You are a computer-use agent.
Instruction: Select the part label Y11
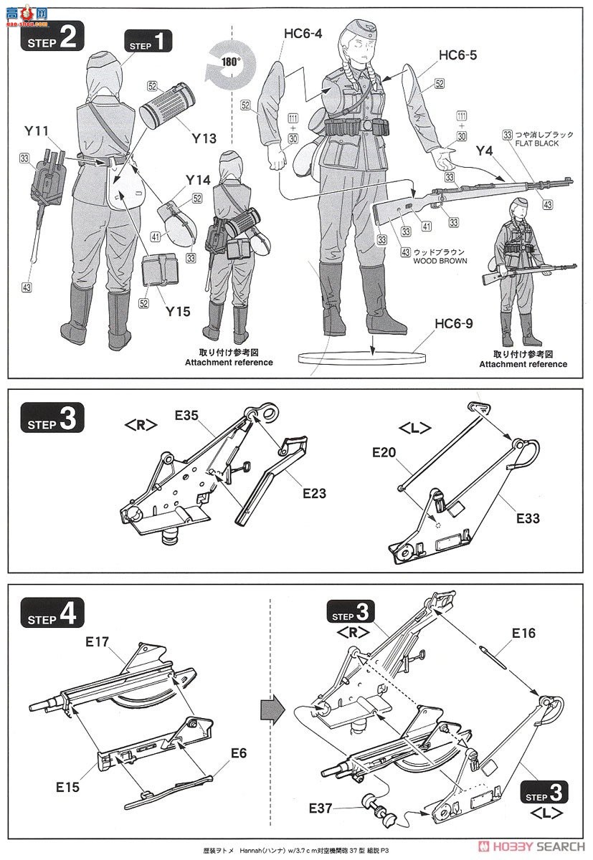[35, 131]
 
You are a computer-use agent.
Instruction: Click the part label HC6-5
[457, 55]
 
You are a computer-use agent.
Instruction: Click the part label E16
[523, 634]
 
